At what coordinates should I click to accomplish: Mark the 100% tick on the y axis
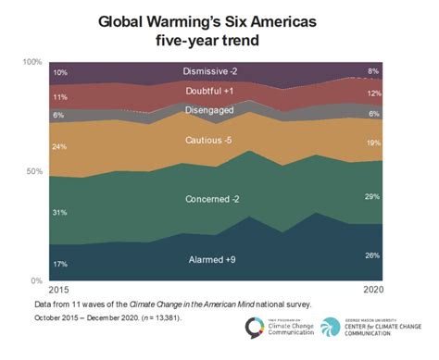pyautogui.click(x=31, y=62)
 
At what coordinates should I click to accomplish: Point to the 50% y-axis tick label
pyautogui.click(x=34, y=172)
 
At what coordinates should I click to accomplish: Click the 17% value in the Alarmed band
pyautogui.click(x=60, y=264)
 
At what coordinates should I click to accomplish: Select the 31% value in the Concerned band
pyautogui.click(x=60, y=213)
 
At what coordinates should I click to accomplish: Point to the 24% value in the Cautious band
pyautogui.click(x=60, y=146)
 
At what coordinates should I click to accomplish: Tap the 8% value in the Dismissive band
pyautogui.click(x=373, y=70)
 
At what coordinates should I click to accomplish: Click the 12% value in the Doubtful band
pyautogui.click(x=372, y=93)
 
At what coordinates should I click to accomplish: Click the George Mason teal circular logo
pyautogui.click(x=331, y=329)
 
